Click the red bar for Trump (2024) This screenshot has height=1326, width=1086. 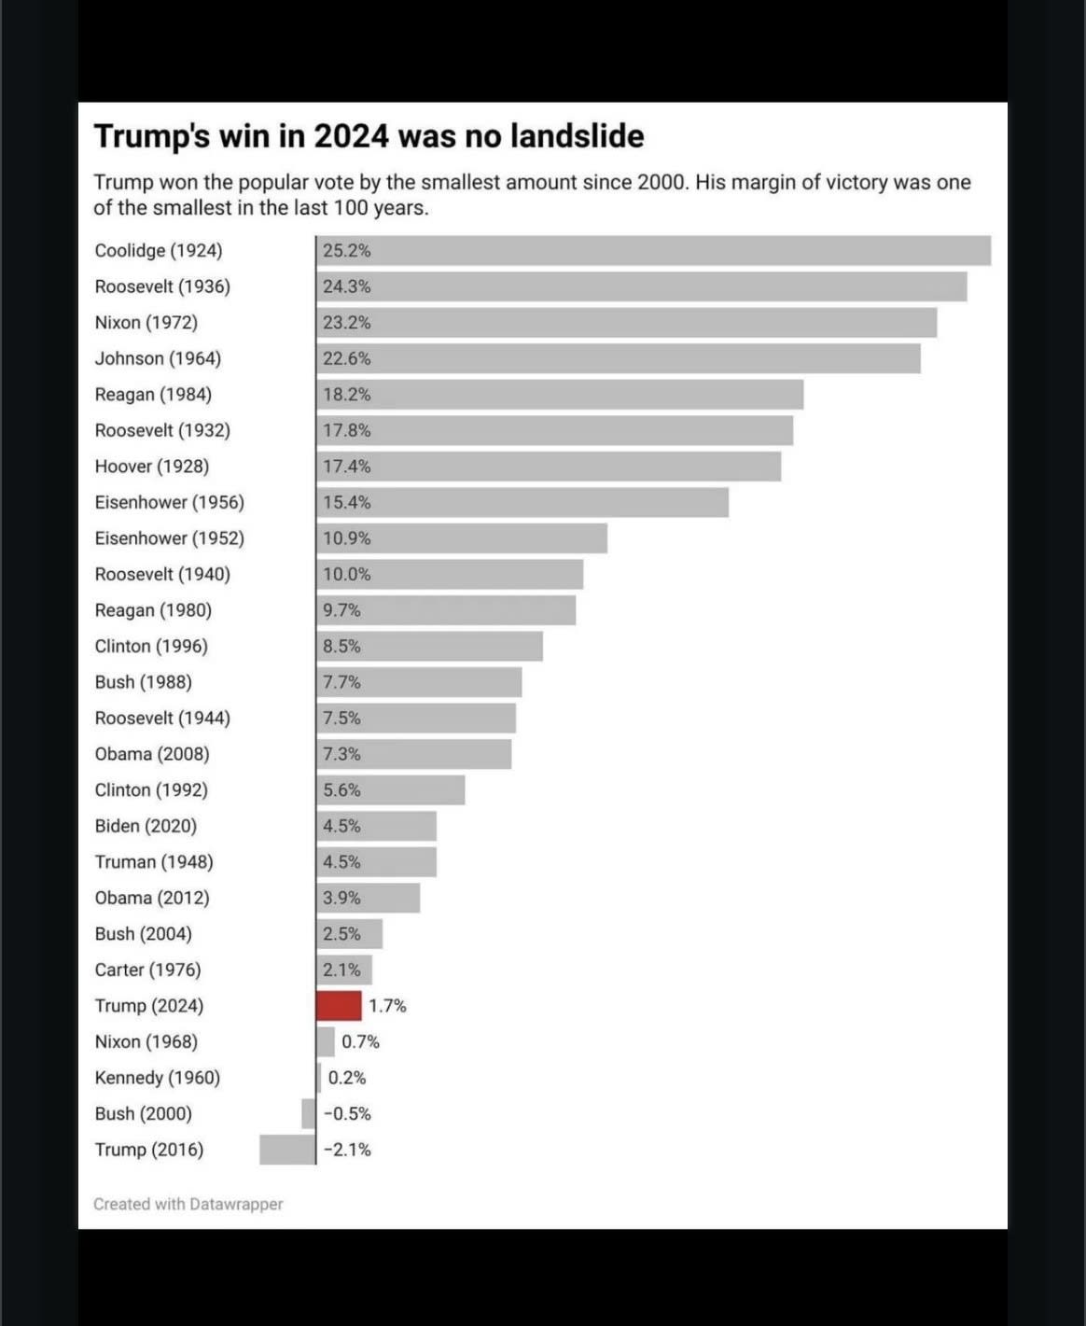tap(339, 1006)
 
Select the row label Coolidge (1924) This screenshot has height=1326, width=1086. tap(159, 250)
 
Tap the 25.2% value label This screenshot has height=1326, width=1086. tap(346, 250)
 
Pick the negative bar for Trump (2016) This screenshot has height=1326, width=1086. tap(287, 1150)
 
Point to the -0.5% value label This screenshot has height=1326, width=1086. tap(347, 1113)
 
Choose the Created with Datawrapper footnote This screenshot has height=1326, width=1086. tap(188, 1204)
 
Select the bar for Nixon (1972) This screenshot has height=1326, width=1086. tap(625, 323)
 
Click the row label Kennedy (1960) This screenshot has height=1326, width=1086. tap(158, 1078)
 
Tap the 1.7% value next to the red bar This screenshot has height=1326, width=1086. tap(387, 1006)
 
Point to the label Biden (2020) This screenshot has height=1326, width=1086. tap(146, 826)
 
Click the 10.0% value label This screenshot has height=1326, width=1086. tap(346, 574)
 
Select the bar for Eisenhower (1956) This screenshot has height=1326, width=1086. tap(522, 502)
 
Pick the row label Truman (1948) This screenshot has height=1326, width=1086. tap(154, 862)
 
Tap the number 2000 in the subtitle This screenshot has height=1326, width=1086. tap(662, 182)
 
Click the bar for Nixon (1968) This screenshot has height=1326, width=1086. tap(326, 1041)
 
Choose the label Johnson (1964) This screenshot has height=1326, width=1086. tap(158, 358)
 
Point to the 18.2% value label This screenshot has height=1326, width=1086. tap(346, 395)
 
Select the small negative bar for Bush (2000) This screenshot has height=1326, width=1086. tap(309, 1113)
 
